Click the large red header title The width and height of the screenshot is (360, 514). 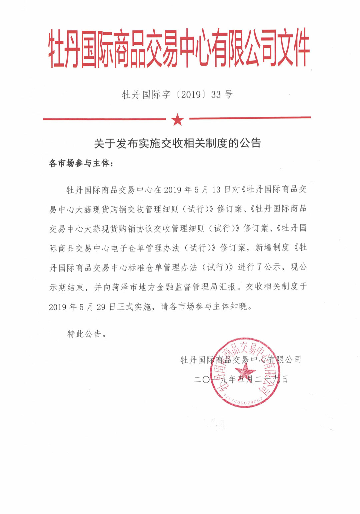pos(179,49)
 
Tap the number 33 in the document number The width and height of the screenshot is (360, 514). pos(216,95)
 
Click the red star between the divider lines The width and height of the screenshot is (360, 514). pos(177,119)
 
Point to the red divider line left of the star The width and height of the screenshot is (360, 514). pos(104,119)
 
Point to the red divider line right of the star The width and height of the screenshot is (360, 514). pos(250,118)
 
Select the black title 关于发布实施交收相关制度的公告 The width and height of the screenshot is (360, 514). pos(177,143)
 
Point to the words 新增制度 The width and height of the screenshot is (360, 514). pos(272,247)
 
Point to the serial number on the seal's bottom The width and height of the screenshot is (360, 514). pos(245,400)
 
